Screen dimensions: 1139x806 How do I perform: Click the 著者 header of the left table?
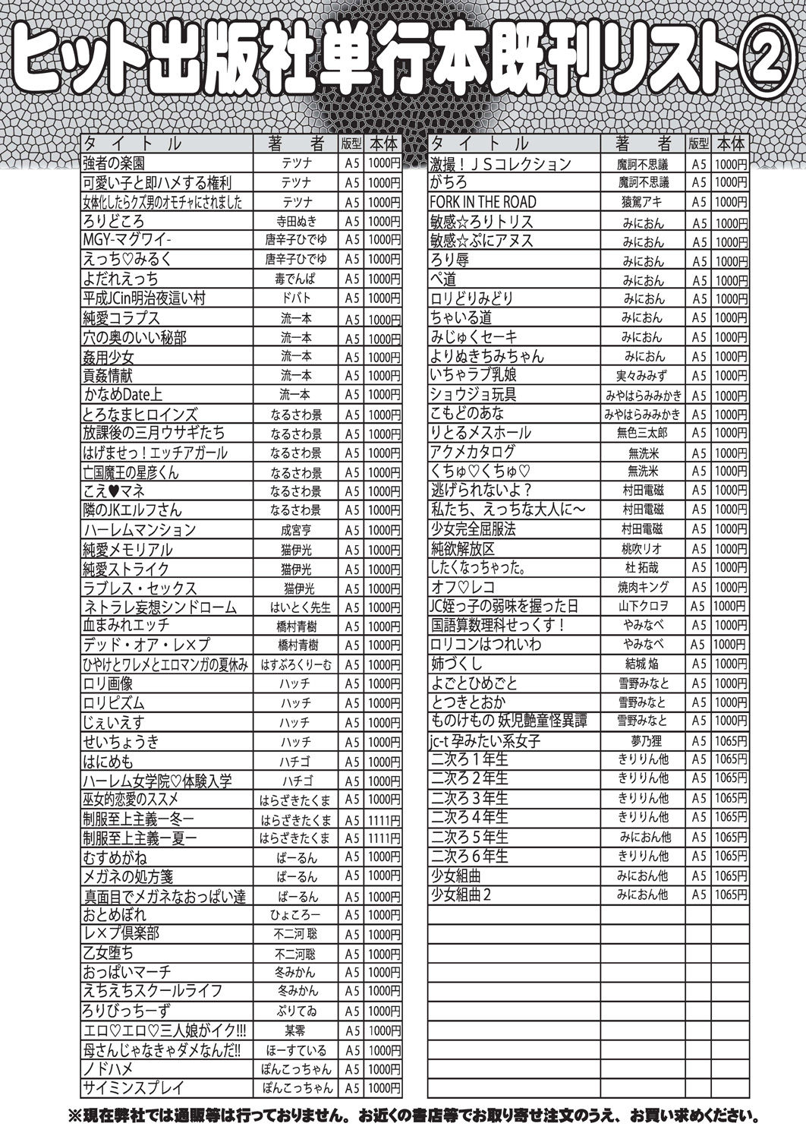pos(295,144)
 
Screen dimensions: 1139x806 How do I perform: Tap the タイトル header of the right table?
pos(480,144)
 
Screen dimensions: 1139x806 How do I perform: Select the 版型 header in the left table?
pos(351,144)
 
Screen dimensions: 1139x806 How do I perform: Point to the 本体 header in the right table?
pos(730,144)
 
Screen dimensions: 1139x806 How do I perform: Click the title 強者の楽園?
pos(114,163)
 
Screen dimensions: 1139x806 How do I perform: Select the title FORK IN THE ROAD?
pos(483,202)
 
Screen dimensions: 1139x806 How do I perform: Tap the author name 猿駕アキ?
pos(644,202)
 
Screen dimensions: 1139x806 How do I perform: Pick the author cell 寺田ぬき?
pos(295,221)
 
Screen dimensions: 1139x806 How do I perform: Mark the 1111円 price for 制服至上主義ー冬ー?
pos(384,820)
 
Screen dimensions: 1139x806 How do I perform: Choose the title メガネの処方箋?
pos(126,876)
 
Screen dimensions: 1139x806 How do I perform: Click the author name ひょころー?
pos(295,915)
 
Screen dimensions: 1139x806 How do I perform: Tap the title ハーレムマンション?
pos(139,530)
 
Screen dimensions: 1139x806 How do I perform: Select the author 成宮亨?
pos(295,530)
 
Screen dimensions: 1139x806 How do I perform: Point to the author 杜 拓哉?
pos(644,567)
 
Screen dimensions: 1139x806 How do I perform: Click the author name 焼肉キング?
pos(644,587)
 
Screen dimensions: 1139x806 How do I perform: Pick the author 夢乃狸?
pos(644,740)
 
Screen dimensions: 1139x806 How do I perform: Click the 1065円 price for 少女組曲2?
pos(731,894)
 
